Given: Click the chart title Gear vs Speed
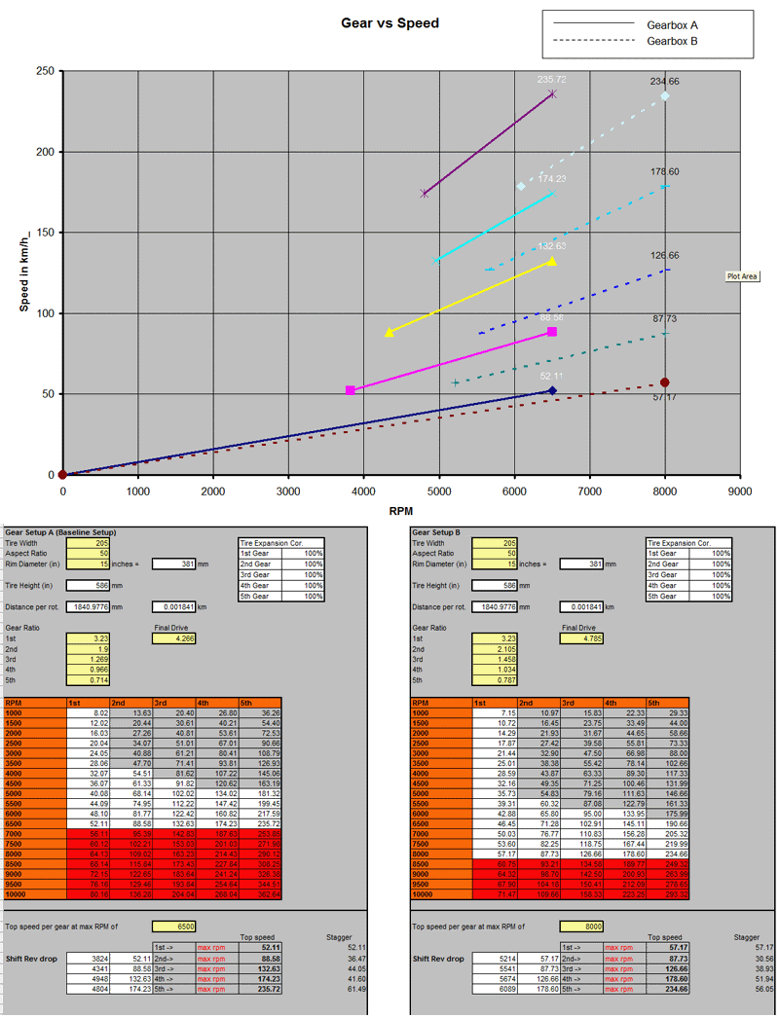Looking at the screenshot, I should pos(390,22).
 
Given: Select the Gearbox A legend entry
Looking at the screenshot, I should pos(673,23).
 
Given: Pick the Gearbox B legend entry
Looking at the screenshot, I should pos(673,41).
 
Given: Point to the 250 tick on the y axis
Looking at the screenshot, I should pos(44,72).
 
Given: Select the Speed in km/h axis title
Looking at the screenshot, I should pos(24,273).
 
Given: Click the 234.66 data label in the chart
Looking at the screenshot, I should pos(665,82).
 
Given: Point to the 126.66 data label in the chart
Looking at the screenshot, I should pos(665,256).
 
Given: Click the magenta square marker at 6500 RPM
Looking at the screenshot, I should pos(552,332).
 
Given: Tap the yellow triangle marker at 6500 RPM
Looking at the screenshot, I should pos(552,261).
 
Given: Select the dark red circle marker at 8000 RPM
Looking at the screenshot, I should pos(665,382).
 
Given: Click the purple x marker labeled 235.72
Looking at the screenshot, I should pos(552,93).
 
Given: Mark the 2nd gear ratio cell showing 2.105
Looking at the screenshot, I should pos(495,649).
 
